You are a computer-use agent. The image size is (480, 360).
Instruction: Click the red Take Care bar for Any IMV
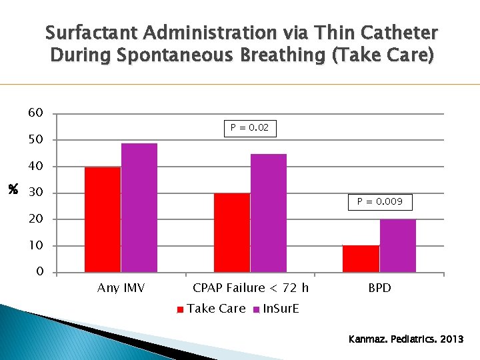coord(103,219)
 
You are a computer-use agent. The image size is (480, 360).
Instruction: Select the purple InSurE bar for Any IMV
coord(139,207)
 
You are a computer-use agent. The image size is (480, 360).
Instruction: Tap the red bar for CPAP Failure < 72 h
coord(232,233)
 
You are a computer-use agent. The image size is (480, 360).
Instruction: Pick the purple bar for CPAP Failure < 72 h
coord(268,213)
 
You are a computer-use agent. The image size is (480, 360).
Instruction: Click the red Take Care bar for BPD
coord(361,259)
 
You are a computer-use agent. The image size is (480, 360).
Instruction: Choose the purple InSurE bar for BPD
coord(397,245)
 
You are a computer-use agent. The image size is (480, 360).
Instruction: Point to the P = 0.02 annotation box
coord(250,127)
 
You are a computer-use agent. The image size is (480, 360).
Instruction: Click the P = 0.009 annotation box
coord(379,201)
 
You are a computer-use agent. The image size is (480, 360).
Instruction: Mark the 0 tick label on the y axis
coord(40,272)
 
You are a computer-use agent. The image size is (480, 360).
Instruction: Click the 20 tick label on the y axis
coord(36,219)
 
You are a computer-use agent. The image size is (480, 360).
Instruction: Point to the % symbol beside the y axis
coord(12,191)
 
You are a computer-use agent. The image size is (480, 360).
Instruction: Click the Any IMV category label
coord(121,288)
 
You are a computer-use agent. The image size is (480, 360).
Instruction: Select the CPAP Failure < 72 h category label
coord(251,288)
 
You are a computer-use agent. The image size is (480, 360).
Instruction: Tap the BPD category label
coord(379,288)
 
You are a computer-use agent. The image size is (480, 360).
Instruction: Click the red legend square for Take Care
coord(180,309)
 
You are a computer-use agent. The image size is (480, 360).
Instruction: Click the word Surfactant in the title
coord(93,33)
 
